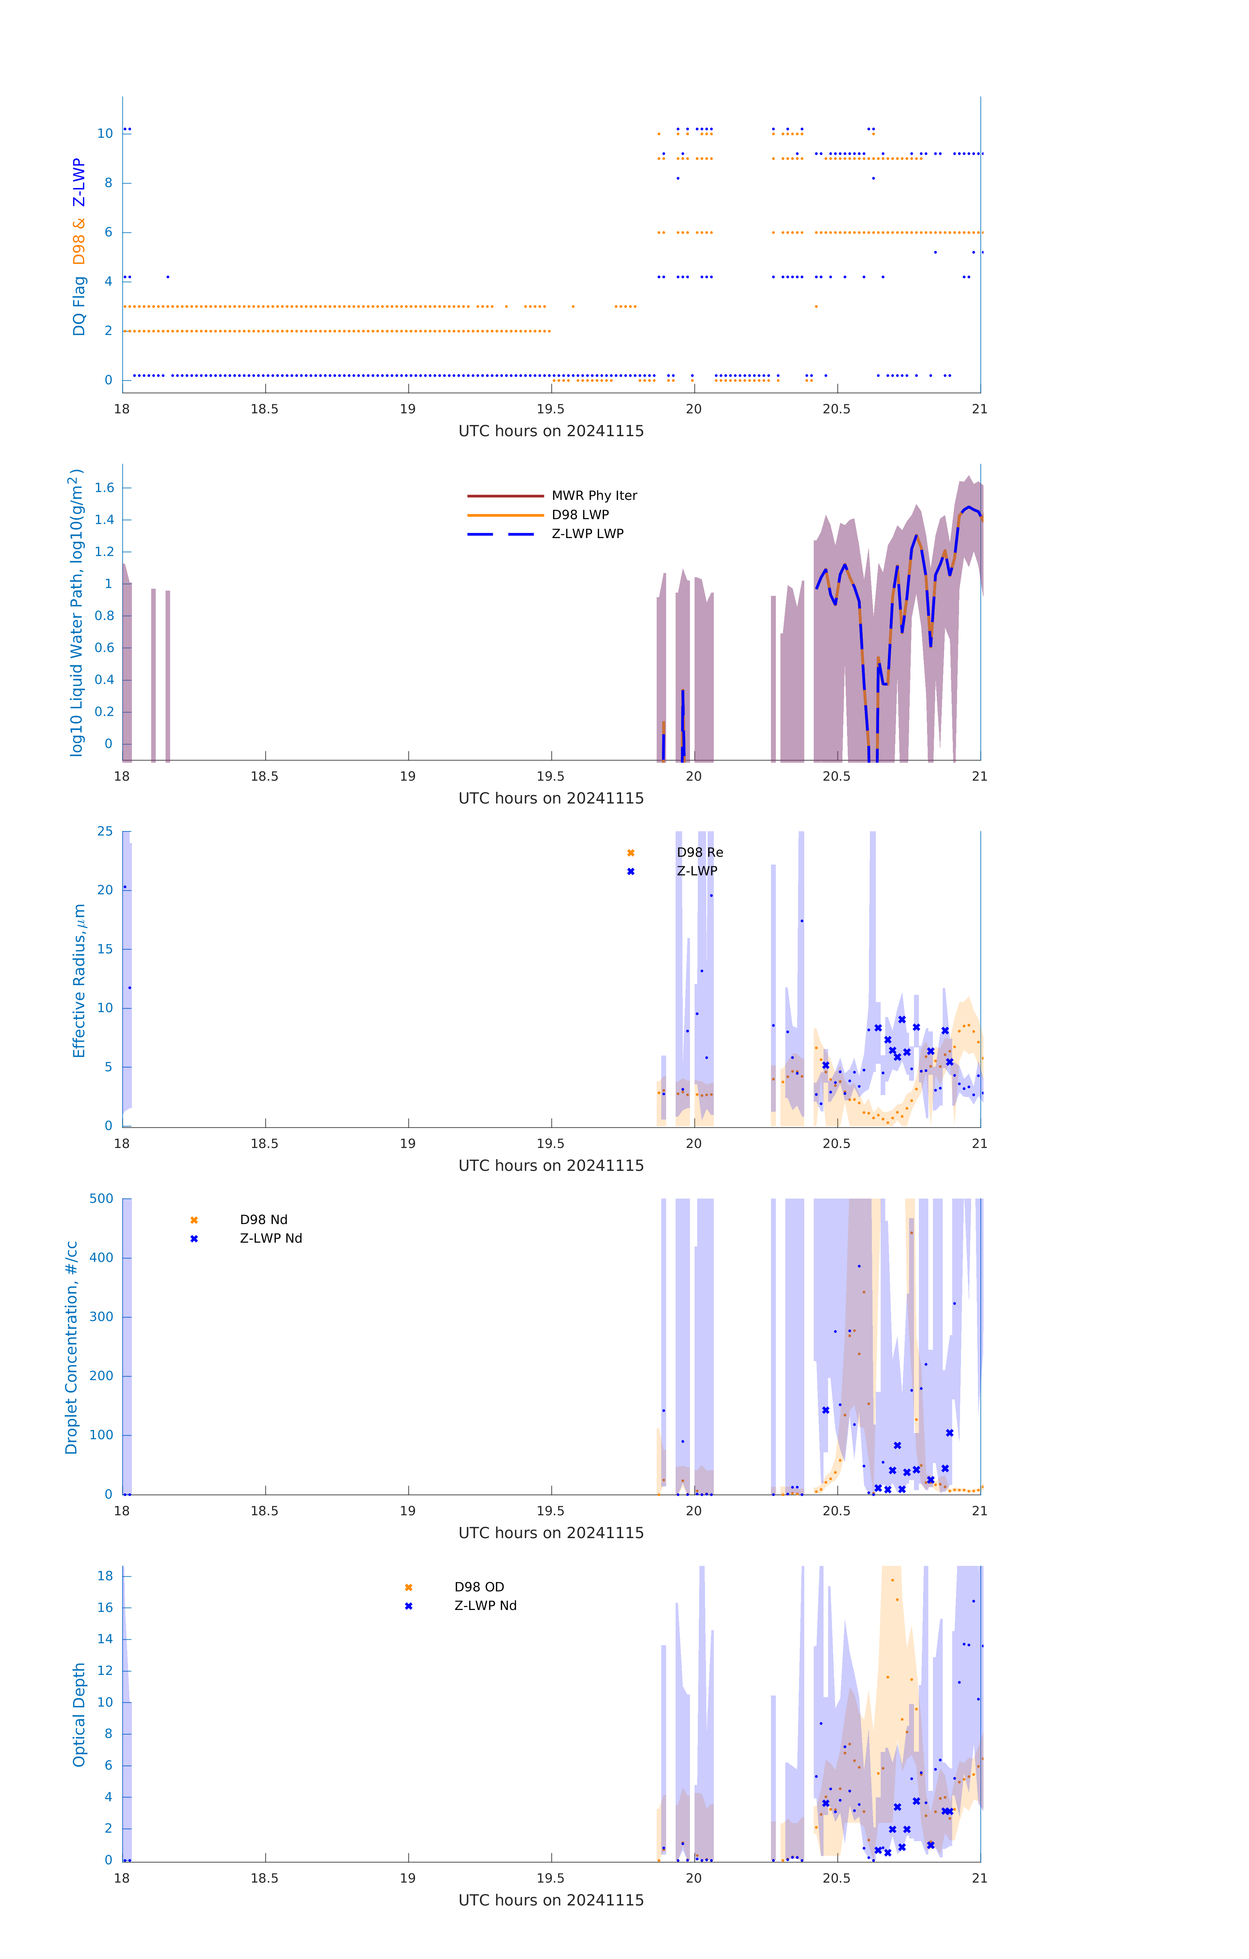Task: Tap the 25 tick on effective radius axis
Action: pos(105,832)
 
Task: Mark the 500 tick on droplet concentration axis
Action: pos(102,1198)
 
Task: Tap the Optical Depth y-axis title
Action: pos(79,1715)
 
